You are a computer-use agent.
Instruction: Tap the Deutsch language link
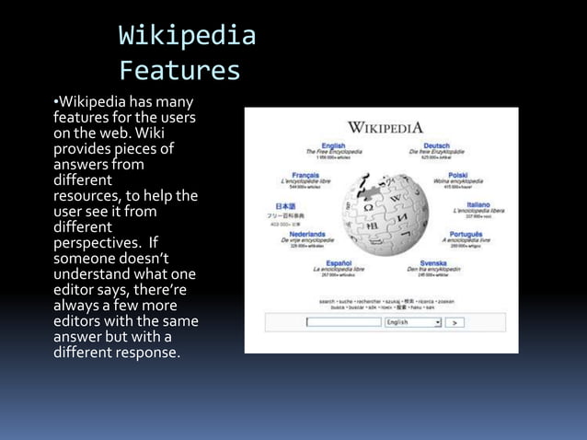point(436,145)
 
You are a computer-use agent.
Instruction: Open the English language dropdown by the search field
point(436,322)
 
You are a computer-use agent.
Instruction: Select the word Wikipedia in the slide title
point(187,37)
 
